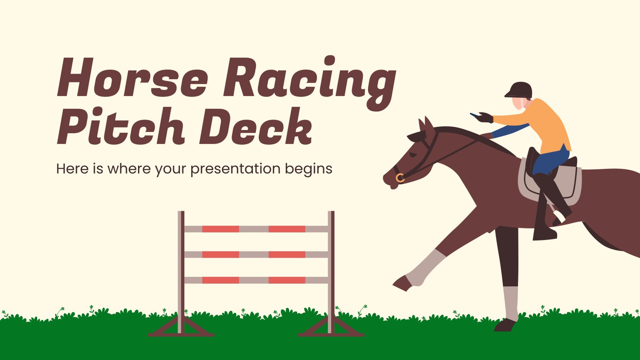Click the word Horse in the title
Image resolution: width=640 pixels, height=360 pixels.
(132, 78)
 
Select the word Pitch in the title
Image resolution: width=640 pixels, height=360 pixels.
(120, 126)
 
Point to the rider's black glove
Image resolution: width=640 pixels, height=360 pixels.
(485, 118)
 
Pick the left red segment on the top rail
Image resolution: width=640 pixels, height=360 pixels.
(220, 229)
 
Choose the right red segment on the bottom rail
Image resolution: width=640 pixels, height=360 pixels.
(287, 280)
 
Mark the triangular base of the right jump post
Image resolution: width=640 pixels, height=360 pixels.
(331, 327)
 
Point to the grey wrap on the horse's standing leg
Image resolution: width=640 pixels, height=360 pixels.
(511, 302)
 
